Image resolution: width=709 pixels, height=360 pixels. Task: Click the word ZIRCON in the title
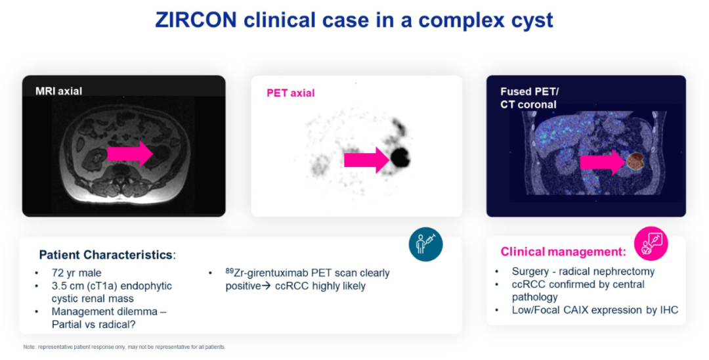click(196, 20)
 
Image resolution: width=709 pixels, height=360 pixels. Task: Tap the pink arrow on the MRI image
click(130, 154)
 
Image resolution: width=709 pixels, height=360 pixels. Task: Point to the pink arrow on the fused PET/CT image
click(603, 162)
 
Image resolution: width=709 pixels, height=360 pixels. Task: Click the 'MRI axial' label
click(59, 91)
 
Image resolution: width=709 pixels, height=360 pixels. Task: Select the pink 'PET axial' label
click(290, 93)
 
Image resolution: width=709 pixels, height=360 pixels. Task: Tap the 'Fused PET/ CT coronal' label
click(530, 98)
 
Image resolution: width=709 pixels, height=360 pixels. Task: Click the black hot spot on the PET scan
click(400, 158)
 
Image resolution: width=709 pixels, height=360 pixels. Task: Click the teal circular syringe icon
click(425, 244)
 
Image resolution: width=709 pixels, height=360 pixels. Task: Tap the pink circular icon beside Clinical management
click(651, 244)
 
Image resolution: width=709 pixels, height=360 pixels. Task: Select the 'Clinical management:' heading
click(563, 252)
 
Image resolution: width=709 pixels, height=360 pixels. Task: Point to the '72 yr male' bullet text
click(76, 273)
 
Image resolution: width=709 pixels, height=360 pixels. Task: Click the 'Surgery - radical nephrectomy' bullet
click(584, 271)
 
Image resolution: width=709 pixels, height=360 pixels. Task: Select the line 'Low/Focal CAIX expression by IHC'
click(595, 310)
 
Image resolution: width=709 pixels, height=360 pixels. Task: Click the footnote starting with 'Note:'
click(124, 347)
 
